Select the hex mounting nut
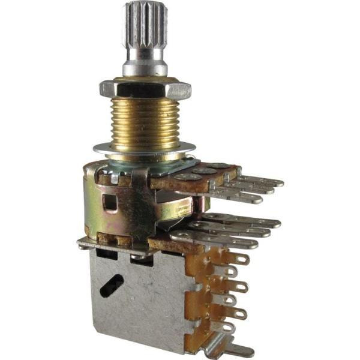point(145,89)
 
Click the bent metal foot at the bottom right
point(228,350)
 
